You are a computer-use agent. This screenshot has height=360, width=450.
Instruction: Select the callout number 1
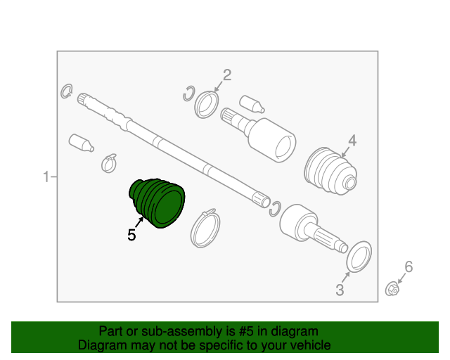pos(46,177)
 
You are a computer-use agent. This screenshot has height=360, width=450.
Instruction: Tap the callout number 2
pos(227,75)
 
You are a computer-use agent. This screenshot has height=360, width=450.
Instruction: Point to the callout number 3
pos(340,289)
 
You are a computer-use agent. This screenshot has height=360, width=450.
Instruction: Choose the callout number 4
pos(352,141)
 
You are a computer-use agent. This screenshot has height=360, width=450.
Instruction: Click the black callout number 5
pos(131,236)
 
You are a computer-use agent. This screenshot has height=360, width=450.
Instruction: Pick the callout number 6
pos(409,266)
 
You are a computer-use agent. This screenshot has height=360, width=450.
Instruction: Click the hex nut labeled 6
pos(392,288)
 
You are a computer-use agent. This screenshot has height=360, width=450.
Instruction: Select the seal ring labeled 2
pos(207,104)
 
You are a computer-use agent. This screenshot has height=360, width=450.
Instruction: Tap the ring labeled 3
pos(360,256)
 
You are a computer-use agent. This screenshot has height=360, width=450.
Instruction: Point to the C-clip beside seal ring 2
pos(188,93)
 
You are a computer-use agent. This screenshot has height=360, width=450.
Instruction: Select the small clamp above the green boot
pos(108,162)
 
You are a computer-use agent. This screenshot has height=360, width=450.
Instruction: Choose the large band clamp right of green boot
pos(205,226)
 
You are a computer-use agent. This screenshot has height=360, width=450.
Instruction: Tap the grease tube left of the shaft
pos(81,142)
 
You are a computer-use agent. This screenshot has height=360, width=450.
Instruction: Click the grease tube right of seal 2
pos(251,103)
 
